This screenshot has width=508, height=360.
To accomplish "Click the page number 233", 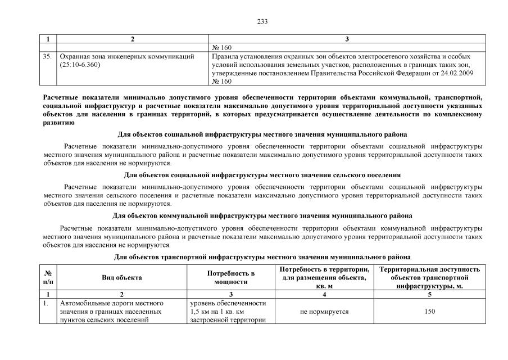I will coord(262,22).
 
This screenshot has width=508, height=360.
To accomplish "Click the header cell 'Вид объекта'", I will coord(121,277).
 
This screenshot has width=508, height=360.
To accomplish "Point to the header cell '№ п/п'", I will coord(49,277).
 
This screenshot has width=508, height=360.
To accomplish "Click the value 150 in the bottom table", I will coord(429,311).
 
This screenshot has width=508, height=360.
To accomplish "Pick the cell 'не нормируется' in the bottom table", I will coord(324,311).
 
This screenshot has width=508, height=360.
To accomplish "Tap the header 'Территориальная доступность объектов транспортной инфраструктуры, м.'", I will coord(429,277).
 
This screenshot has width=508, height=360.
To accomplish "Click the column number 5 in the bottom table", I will coord(429,294).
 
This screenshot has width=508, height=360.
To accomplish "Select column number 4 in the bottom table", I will coord(324,294).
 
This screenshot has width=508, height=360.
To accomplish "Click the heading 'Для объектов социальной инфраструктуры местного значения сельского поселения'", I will coord(262,175).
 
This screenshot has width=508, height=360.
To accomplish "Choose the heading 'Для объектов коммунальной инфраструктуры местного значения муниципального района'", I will coord(262,215).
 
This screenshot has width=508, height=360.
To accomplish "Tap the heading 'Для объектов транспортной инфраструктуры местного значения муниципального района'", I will coord(262,256).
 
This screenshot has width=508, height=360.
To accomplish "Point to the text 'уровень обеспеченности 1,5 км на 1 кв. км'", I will coord(228,307).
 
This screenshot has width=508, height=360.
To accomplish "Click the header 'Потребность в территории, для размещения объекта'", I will coord(324,277).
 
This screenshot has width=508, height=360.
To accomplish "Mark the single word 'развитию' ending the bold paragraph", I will coord(58,121).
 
